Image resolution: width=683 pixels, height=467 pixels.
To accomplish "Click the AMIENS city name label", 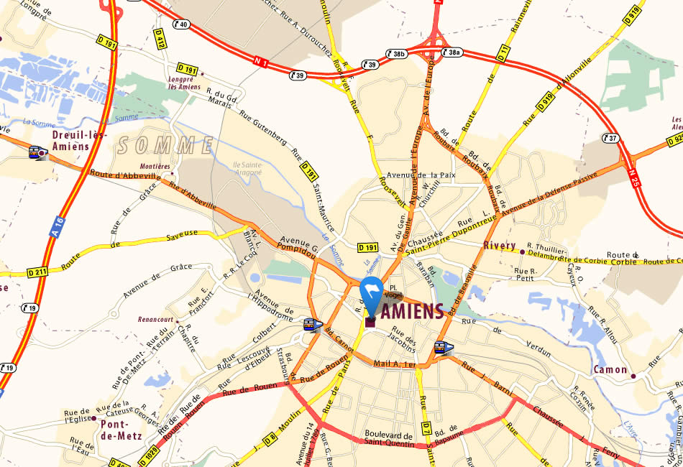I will point(411,312).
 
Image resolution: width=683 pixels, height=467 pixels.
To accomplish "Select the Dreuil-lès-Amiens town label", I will point(80,141).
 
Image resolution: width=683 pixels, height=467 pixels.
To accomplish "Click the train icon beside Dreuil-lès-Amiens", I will point(37,152).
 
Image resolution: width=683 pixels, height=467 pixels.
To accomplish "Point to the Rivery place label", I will point(499,246).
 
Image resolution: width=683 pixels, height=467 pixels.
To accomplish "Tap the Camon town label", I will point(610,370).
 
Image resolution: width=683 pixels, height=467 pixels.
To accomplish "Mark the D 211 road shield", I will point(37,272).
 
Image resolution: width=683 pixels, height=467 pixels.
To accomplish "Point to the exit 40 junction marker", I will point(181,24).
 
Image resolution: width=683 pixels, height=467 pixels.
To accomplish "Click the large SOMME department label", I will point(165,146).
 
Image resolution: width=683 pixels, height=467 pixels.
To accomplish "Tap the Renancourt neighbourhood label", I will point(158,320).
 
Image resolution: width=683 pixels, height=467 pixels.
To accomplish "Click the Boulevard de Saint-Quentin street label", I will point(389,440).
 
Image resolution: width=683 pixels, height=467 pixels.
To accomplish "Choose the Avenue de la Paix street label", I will point(422,175).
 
